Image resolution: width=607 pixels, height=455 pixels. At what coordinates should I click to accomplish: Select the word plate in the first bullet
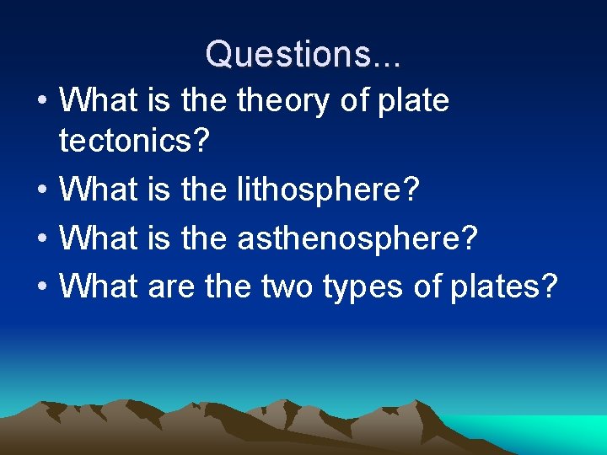(x=413, y=101)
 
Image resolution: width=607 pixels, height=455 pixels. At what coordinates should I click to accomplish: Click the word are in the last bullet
(x=171, y=287)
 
